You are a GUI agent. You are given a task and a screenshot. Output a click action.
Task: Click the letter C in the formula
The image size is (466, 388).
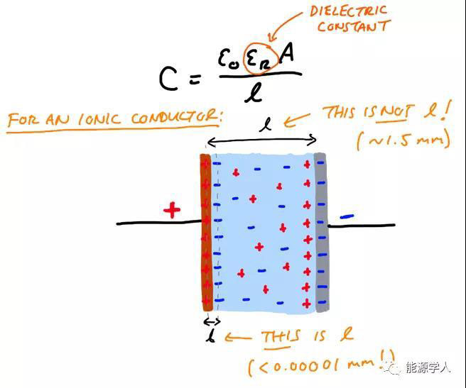[168, 80]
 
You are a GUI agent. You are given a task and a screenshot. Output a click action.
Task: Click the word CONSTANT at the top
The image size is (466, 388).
[353, 27]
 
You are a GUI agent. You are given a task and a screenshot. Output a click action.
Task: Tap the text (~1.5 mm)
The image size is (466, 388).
[403, 138]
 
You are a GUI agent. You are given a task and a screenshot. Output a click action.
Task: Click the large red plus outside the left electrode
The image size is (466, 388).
[171, 210]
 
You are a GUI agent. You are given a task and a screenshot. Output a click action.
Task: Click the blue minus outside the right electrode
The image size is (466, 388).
[347, 217]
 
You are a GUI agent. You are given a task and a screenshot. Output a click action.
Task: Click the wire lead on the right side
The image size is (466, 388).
[362, 226]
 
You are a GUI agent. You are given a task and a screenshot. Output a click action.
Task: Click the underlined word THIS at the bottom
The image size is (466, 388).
[280, 336]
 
